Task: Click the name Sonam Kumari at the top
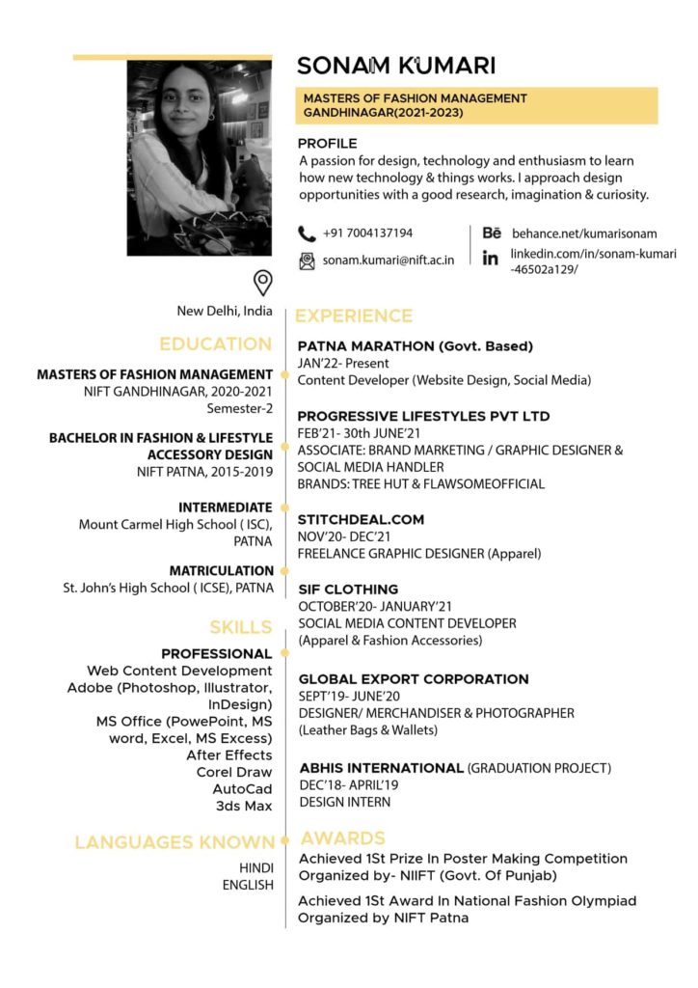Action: pos(395,66)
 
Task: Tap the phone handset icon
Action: pos(307,233)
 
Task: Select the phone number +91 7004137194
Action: pos(367,233)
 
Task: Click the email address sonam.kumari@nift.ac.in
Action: pos(388,261)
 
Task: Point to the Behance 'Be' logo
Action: pos(492,233)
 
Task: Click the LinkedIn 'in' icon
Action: pos(491,259)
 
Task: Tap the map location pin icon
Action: pos(262,283)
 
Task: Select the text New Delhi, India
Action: pos(224,311)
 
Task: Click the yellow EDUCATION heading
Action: pos(215,343)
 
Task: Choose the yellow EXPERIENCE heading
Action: pos(353,316)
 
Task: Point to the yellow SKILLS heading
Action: pos(240,627)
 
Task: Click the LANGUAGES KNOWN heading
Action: pos(174,842)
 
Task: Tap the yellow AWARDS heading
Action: pos(342,837)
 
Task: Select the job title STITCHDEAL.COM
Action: pos(361,519)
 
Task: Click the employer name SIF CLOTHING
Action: pos(348,589)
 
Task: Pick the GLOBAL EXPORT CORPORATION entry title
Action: pos(413,679)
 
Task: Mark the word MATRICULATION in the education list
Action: pos(222,570)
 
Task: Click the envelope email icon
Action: pos(307,261)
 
